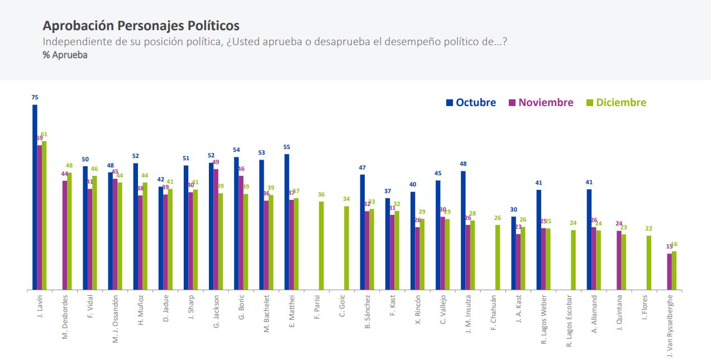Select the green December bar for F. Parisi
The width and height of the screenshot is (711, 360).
pyautogui.click(x=321, y=246)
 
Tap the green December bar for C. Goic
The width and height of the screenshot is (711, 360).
pyautogui.click(x=346, y=248)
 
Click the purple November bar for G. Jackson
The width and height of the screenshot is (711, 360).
pyautogui.click(x=216, y=229)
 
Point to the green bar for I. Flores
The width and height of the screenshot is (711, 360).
pyautogui.click(x=648, y=262)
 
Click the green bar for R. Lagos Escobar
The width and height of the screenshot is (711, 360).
pyautogui.click(x=573, y=260)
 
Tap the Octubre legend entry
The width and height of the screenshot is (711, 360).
pyautogui.click(x=471, y=103)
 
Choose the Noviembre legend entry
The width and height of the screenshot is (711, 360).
pyautogui.click(x=541, y=103)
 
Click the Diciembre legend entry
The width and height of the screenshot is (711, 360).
pyautogui.click(x=616, y=103)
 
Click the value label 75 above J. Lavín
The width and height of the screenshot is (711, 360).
pyautogui.click(x=35, y=98)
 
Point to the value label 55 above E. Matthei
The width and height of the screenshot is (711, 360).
pyautogui.click(x=287, y=147)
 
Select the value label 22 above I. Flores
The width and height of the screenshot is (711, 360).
pyautogui.click(x=648, y=229)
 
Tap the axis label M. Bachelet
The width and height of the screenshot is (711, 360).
pyautogui.click(x=266, y=314)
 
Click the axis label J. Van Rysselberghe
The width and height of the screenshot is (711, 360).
pyautogui.click(x=670, y=324)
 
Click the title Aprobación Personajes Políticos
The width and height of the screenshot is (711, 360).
pyautogui.click(x=141, y=26)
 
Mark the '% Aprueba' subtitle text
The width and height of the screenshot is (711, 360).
pyautogui.click(x=65, y=55)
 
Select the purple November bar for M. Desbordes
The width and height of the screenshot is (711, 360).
pyautogui.click(x=65, y=235)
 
